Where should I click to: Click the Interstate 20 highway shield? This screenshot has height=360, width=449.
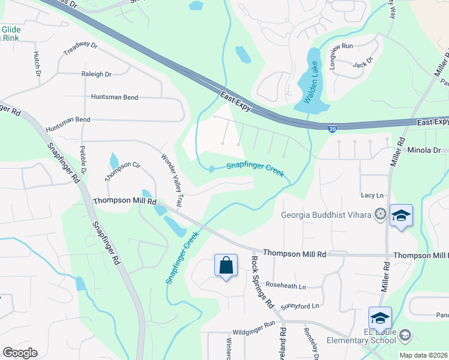pos(333,128)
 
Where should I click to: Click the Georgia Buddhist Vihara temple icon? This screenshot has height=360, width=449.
pos(380,214)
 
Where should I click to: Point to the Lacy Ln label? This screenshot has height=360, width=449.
pos(372,196)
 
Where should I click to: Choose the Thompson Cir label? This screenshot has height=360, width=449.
pos(122,172)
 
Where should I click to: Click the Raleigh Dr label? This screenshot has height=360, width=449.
pos(97,74)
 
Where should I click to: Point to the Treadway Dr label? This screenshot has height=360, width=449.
pos(80,48)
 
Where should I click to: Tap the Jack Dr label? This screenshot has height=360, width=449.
pos(364,62)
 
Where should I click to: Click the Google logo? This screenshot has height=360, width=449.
pos(20,353)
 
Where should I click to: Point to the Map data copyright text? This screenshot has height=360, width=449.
pos(424,355)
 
